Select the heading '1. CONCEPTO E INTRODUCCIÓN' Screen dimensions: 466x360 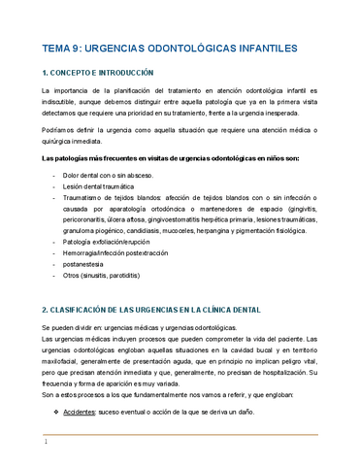99,72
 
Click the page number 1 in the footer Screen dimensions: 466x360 46,443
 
